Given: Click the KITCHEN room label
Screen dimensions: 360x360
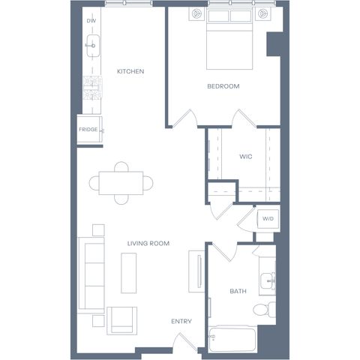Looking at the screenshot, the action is pyautogui.click(x=130, y=71).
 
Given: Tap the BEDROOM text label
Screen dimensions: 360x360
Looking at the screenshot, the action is pyautogui.click(x=223, y=86).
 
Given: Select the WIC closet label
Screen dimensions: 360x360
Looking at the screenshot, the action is pyautogui.click(x=246, y=157).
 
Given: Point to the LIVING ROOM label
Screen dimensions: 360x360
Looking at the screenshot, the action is pyautogui.click(x=148, y=243).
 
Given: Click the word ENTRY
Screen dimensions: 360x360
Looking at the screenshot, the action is pyautogui.click(x=181, y=321).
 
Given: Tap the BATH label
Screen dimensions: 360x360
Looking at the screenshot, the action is pyautogui.click(x=238, y=291).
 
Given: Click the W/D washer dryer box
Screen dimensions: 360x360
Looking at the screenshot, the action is pyautogui.click(x=268, y=219).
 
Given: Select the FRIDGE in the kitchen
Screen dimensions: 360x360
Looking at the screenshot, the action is pyautogui.click(x=89, y=129).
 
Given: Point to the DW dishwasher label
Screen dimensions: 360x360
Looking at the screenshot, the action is pyautogui.click(x=91, y=21).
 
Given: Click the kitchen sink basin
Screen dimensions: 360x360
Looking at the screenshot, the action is pyautogui.click(x=93, y=46).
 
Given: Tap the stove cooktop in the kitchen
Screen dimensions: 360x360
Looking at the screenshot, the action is pyautogui.click(x=93, y=88).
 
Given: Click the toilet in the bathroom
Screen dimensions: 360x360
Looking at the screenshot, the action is pyautogui.click(x=264, y=310).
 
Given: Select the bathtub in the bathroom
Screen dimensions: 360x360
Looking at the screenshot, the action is pyautogui.click(x=232, y=339).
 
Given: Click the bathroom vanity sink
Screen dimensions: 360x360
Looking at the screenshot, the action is pyautogui.click(x=268, y=280).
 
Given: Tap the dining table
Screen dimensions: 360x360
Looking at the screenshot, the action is pyautogui.click(x=121, y=183).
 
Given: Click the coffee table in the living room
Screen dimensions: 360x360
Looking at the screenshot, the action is pyautogui.click(x=129, y=273).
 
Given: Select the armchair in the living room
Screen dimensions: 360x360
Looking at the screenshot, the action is pyautogui.click(x=122, y=321).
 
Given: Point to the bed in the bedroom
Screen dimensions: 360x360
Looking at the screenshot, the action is pyautogui.click(x=229, y=39).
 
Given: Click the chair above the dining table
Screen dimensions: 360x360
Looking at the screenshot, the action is pyautogui.click(x=121, y=166).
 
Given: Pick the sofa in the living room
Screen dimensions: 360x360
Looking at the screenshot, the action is pyautogui.click(x=91, y=275).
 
